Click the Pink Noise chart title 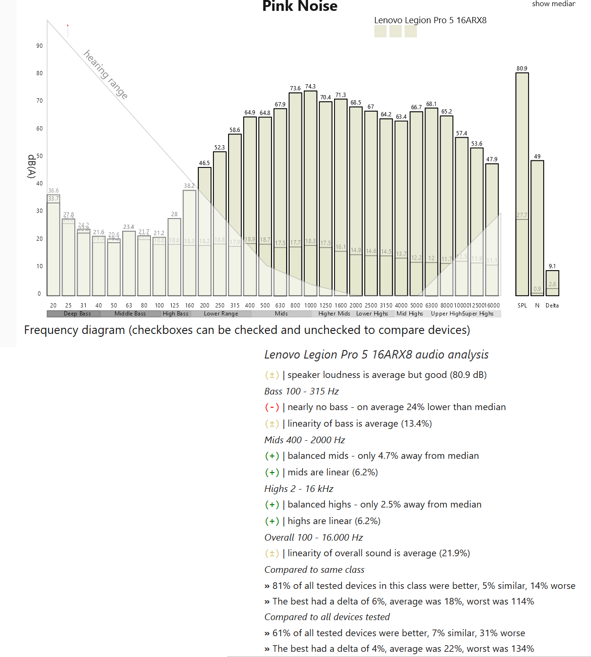click(x=300, y=6)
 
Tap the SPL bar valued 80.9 click(x=522, y=184)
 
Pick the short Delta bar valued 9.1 click(x=552, y=283)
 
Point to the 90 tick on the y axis click(x=39, y=46)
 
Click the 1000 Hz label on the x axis click(x=310, y=306)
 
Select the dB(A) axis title click(x=32, y=166)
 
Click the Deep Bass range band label click(x=77, y=314)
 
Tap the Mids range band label click(x=281, y=314)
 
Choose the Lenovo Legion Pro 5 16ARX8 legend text click(x=430, y=20)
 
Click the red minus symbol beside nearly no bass click(x=272, y=407)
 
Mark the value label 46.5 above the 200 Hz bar click(x=204, y=163)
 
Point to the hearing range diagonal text click(x=106, y=74)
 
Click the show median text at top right click(x=553, y=4)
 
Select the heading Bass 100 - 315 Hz click(x=301, y=391)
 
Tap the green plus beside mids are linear click(x=272, y=472)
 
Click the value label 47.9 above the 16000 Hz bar click(x=492, y=159)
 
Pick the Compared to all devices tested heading click(x=327, y=617)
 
